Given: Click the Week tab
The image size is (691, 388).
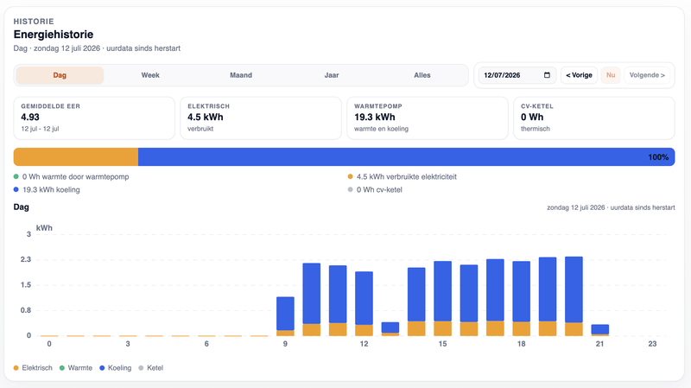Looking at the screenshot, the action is click(x=150, y=75).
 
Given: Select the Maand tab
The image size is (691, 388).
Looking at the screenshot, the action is click(x=241, y=75).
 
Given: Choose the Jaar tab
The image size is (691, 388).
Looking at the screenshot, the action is click(x=332, y=75).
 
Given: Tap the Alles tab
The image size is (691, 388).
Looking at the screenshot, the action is click(x=422, y=75).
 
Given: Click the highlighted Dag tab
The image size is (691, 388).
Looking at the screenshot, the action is click(x=60, y=75).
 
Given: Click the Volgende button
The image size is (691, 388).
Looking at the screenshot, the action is click(x=647, y=75).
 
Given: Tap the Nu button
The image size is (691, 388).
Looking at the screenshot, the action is click(x=611, y=75).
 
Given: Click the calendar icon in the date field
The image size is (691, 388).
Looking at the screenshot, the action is click(x=547, y=75).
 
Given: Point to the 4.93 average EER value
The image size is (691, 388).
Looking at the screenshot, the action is click(x=30, y=118).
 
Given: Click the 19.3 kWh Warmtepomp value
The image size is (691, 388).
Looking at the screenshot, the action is click(x=375, y=118).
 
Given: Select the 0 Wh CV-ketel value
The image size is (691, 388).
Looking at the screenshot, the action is click(x=532, y=118).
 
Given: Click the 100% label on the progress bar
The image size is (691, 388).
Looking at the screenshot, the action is click(x=658, y=157).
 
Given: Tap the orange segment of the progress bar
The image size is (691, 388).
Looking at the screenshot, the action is click(x=76, y=157).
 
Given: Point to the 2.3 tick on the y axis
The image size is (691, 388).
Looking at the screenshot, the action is click(x=26, y=259).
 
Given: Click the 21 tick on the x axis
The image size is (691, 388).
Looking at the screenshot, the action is click(x=599, y=344).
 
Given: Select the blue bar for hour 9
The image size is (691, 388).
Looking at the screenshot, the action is click(x=285, y=314).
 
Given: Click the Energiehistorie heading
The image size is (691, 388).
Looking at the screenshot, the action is click(x=54, y=35).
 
